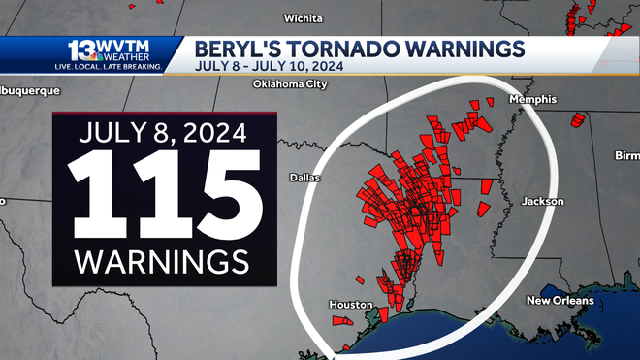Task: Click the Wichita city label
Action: (303, 18)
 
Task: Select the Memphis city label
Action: (536, 99)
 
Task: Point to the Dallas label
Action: (305, 178)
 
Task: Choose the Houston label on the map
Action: (351, 305)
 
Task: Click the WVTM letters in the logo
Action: (124, 45)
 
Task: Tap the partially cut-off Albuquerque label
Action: (29, 91)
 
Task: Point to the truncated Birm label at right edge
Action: (626, 156)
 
